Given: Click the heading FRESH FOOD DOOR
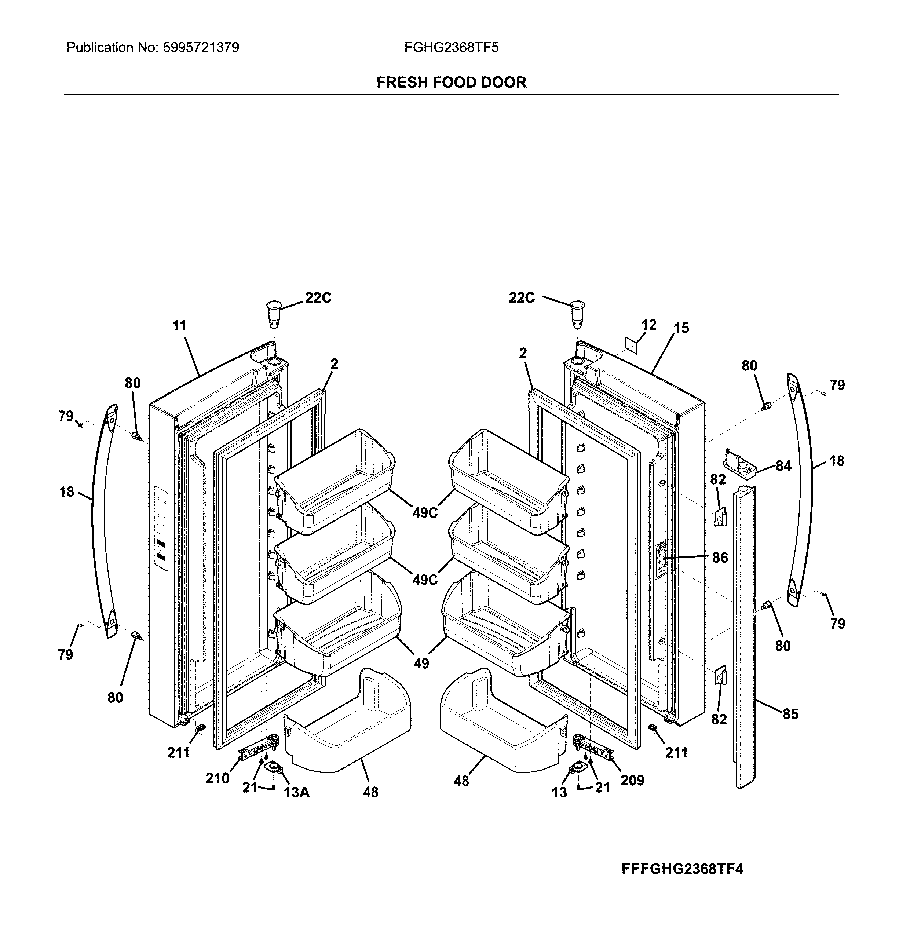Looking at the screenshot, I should click(451, 82).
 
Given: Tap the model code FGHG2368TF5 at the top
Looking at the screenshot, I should click(451, 48).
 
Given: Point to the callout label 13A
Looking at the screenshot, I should click(296, 792).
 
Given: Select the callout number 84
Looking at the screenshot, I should click(783, 465).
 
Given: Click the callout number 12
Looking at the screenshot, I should click(648, 325).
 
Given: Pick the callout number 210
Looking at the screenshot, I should click(218, 778).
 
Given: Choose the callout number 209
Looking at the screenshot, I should click(632, 780).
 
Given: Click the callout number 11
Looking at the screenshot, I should click(179, 326).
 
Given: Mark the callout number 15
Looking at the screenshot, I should click(681, 328).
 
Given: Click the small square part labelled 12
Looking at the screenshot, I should click(632, 345).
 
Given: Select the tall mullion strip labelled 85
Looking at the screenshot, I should click(744, 636).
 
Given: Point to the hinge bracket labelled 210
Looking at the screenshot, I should click(257, 750).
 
